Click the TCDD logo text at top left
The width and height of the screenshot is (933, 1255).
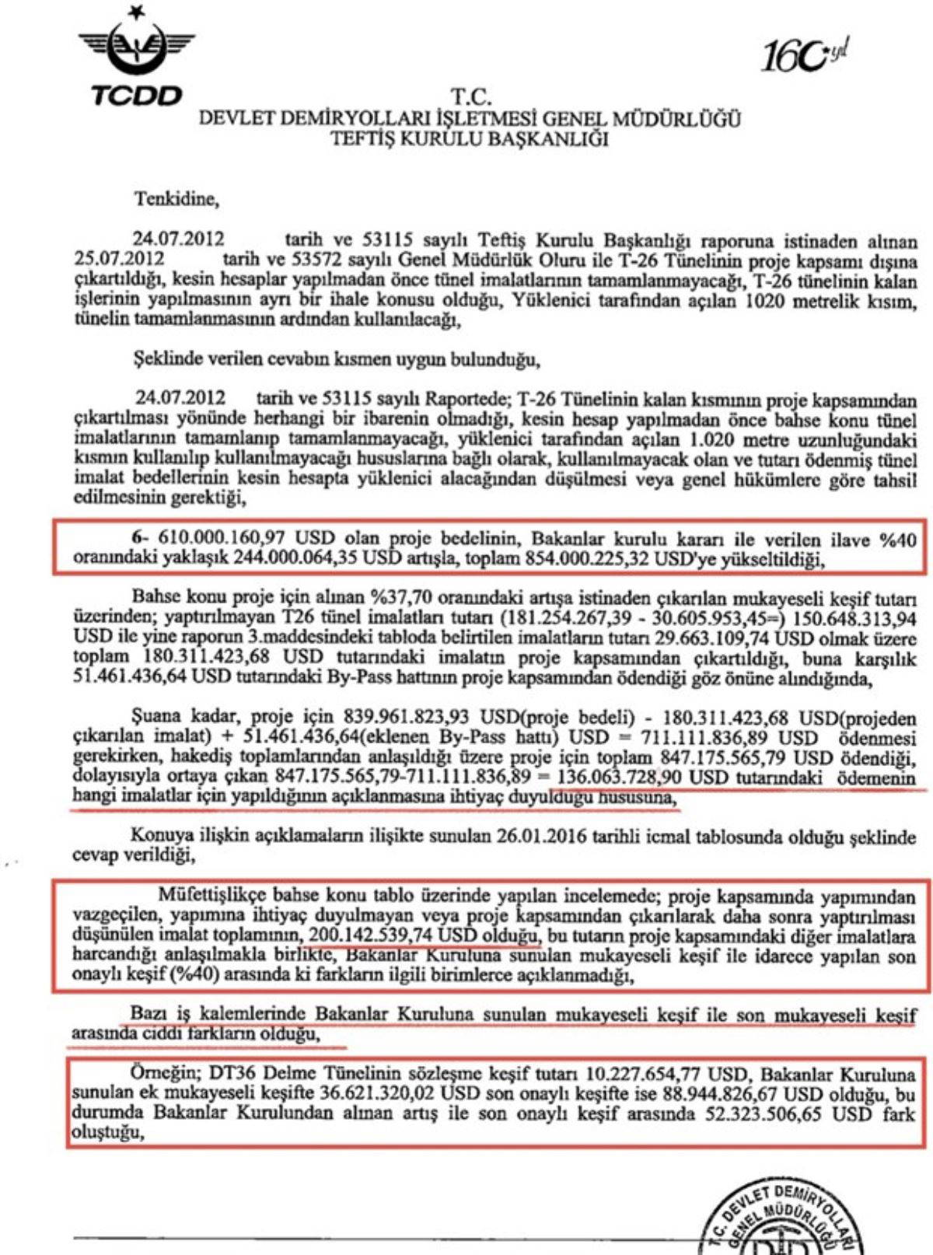click(137, 96)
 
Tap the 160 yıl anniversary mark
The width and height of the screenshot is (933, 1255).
click(802, 55)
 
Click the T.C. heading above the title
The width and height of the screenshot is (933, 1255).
click(471, 98)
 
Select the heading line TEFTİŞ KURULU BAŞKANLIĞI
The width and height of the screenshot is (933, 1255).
click(470, 139)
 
